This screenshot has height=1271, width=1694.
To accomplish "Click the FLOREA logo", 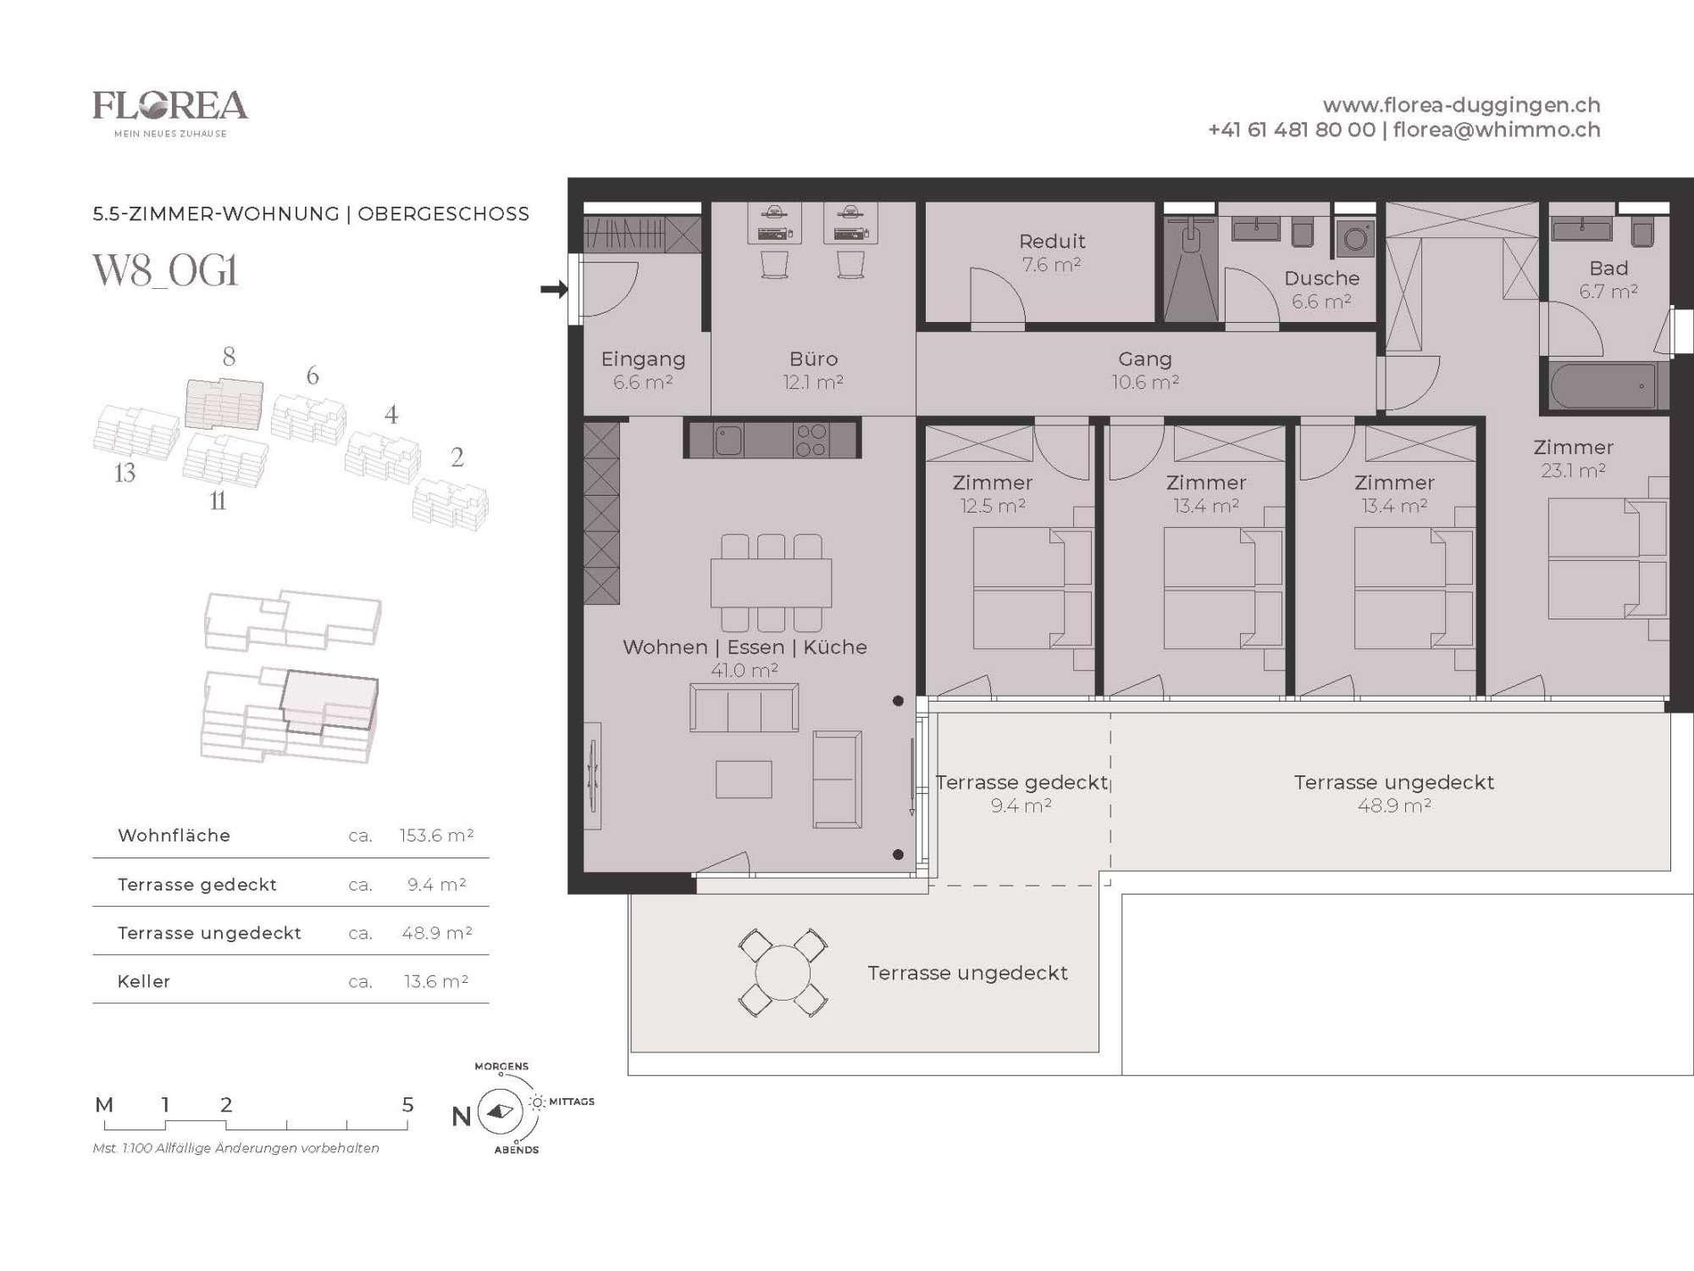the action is [170, 114].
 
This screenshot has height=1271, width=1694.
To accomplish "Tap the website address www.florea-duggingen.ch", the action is [1461, 105].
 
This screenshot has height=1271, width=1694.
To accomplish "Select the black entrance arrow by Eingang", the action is [554, 290].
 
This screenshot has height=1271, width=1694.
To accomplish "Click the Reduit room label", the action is [1052, 241].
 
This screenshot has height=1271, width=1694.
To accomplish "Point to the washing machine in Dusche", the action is [1354, 239].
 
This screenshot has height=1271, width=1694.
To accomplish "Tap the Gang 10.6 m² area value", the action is [1145, 382].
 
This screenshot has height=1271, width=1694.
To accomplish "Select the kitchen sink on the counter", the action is [728, 440].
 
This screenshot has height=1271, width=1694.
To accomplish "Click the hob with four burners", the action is [811, 440].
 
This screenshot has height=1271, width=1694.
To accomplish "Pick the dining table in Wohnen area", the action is [771, 583].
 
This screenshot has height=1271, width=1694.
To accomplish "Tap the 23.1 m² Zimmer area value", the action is [1573, 470].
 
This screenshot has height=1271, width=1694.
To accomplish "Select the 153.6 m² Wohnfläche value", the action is [436, 835].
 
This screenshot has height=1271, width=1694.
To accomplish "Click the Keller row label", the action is [144, 981].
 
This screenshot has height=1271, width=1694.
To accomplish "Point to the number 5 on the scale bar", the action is [407, 1105].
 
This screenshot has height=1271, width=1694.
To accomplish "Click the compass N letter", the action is [461, 1117].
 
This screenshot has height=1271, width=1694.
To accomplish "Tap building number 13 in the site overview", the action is [125, 473].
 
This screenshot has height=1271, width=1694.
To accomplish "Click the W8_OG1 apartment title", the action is [166, 271].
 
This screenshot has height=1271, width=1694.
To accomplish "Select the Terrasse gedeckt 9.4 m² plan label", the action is [1021, 794].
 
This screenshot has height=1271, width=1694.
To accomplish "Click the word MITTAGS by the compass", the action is [572, 1102].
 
